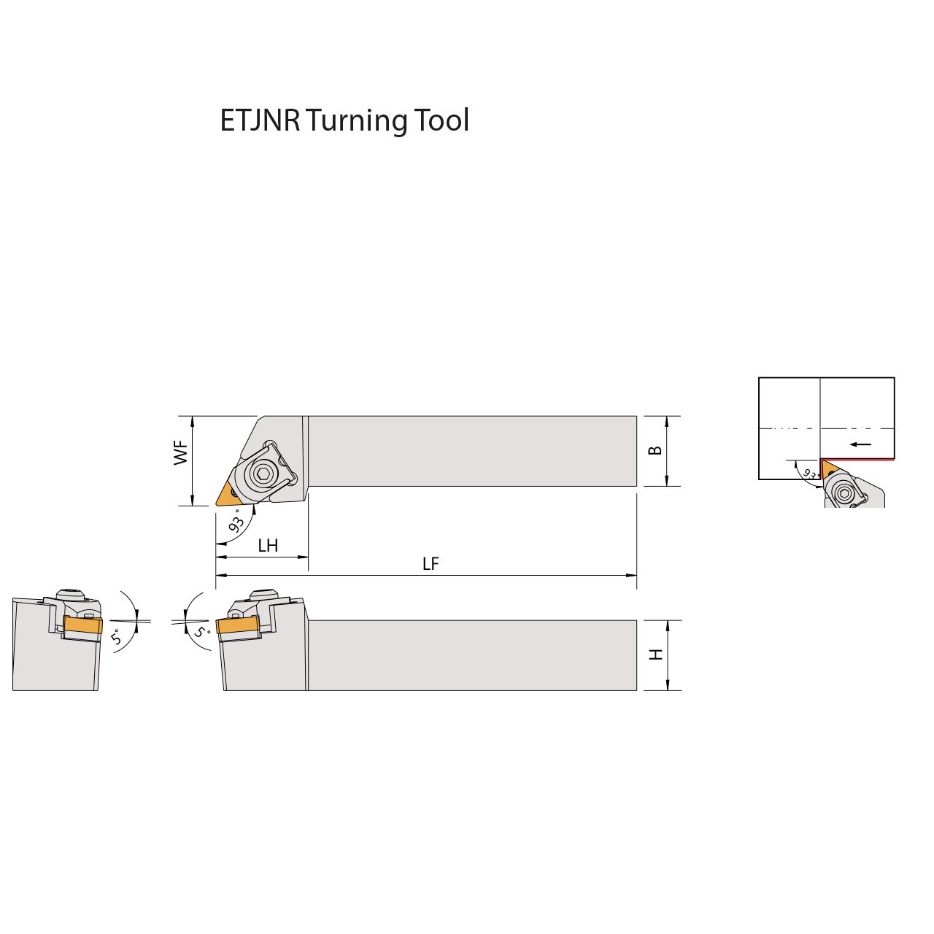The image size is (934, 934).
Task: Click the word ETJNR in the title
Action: pyautogui.click(x=260, y=120)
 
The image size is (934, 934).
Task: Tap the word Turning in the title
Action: pyautogui.click(x=356, y=121)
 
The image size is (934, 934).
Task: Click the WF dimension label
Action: pyautogui.click(x=181, y=452)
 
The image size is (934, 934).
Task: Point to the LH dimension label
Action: pyautogui.click(x=268, y=546)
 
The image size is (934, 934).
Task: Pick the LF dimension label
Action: pyautogui.click(x=431, y=564)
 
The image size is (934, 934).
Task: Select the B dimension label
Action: pyautogui.click(x=655, y=450)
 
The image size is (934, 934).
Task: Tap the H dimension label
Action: pyautogui.click(x=656, y=655)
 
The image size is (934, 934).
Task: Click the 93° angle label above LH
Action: pyautogui.click(x=236, y=522)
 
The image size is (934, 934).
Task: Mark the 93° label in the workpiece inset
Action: pyautogui.click(x=810, y=474)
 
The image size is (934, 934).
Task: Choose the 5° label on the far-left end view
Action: pyautogui.click(x=117, y=636)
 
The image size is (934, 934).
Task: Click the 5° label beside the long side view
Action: pyautogui.click(x=201, y=631)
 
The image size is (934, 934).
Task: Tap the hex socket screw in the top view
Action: pyautogui.click(x=263, y=475)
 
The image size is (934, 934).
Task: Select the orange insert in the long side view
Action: pyautogui.click(x=238, y=625)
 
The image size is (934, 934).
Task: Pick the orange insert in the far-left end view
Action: pyautogui.click(x=82, y=625)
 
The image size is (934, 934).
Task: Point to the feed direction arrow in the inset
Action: pyautogui.click(x=861, y=444)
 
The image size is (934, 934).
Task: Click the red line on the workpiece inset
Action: pyautogui.click(x=861, y=460)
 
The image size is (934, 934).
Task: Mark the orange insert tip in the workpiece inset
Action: pyautogui.click(x=827, y=467)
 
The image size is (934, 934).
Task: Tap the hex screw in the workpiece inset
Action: pyautogui.click(x=845, y=493)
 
